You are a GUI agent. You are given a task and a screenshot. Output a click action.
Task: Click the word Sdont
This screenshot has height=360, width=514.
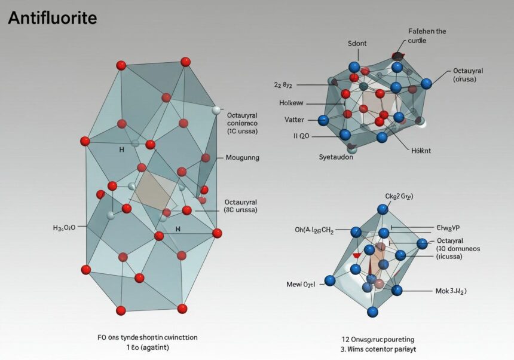(358, 44)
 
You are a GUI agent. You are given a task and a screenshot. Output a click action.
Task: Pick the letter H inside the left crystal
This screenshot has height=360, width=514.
(123, 150)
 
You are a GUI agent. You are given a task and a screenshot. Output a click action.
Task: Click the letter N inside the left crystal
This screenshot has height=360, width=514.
(178, 228)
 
